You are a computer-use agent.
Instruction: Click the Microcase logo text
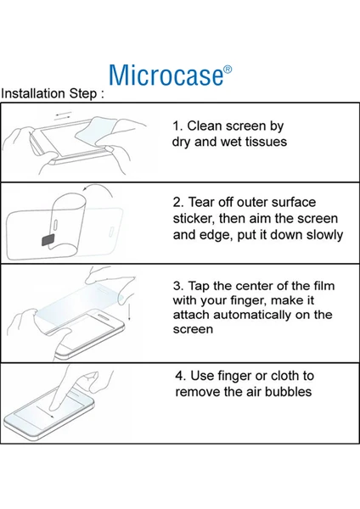[166, 75]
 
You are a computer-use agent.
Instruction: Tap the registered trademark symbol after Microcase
[228, 70]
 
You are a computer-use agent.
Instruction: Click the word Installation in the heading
[33, 93]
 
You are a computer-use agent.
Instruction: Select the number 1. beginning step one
[177, 126]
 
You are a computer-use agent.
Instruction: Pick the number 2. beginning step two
[178, 202]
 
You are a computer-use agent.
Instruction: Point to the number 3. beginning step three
[178, 286]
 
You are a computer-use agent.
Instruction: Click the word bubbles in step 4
[288, 391]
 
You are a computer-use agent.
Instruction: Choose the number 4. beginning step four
[181, 376]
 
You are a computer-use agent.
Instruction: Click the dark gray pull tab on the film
[48, 239]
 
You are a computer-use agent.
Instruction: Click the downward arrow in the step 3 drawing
[129, 311]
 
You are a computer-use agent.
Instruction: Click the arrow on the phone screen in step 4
[46, 411]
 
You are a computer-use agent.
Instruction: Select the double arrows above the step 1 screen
[64, 115]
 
